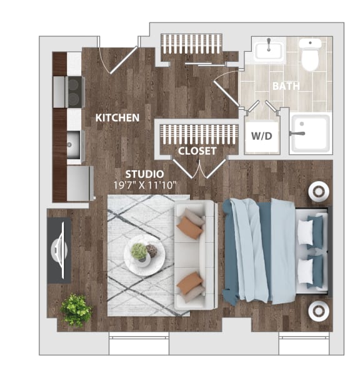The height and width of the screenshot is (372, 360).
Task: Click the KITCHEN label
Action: (117, 117)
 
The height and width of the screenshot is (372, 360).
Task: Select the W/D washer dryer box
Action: (261, 135)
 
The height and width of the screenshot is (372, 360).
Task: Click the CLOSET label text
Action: (197, 151)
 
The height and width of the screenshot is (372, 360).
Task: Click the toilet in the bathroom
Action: (309, 55)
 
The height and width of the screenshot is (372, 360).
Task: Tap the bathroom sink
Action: (269, 50)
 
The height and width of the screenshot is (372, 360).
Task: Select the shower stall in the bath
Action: (311, 133)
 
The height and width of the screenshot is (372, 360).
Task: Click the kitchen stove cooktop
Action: (74, 91)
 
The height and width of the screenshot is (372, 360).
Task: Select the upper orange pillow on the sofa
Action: (190, 228)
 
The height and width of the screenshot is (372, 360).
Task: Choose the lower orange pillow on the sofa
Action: (190, 285)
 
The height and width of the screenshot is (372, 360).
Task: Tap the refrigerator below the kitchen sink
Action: (79, 182)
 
